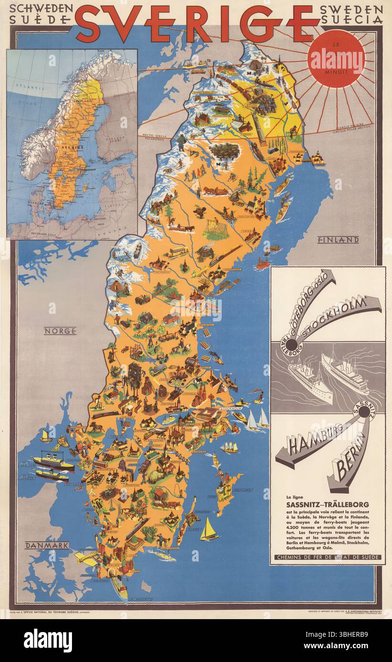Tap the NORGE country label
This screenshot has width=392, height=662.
click(60, 331)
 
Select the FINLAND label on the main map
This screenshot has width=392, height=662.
click(338, 240)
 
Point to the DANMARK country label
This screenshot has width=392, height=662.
click(47, 545)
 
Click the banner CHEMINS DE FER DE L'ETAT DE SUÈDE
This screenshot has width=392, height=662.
click(327, 557)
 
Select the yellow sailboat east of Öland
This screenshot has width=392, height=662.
click(208, 529)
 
